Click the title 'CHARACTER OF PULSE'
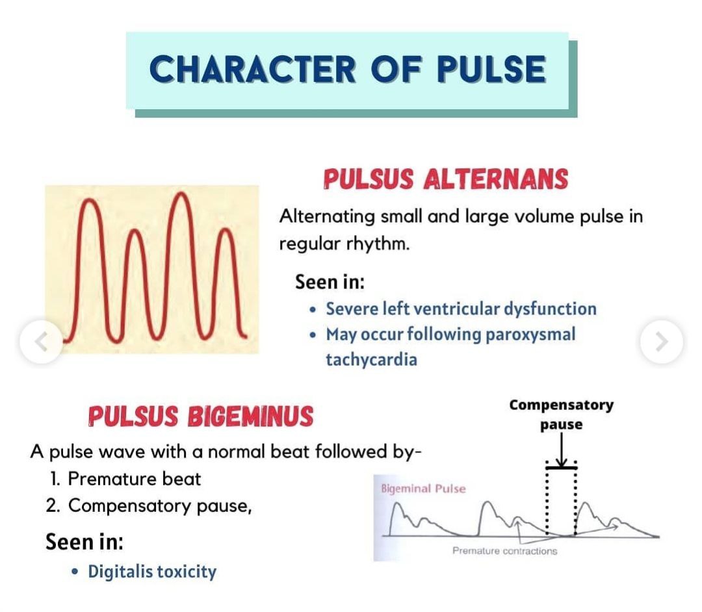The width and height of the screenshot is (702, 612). pyautogui.click(x=347, y=70)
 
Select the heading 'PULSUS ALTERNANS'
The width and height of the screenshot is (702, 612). pyautogui.click(x=445, y=179)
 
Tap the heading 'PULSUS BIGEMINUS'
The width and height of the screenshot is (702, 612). pyautogui.click(x=200, y=416)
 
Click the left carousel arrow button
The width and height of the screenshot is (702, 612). pyautogui.click(x=41, y=341)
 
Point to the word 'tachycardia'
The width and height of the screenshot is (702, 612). pyautogui.click(x=371, y=359)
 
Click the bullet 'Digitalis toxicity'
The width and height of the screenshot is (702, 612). pyautogui.click(x=152, y=572)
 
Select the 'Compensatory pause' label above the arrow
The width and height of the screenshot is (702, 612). pyautogui.click(x=561, y=414)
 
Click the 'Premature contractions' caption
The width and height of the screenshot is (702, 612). pyautogui.click(x=504, y=551)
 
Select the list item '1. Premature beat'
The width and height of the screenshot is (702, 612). pyautogui.click(x=125, y=479)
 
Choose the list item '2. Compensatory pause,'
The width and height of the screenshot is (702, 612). pyautogui.click(x=149, y=505)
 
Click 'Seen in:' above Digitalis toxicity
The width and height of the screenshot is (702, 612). pyautogui.click(x=84, y=541)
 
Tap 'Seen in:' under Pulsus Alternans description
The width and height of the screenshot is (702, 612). pyautogui.click(x=330, y=282)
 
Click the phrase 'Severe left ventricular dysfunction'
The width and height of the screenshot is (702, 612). pyautogui.click(x=461, y=309)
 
